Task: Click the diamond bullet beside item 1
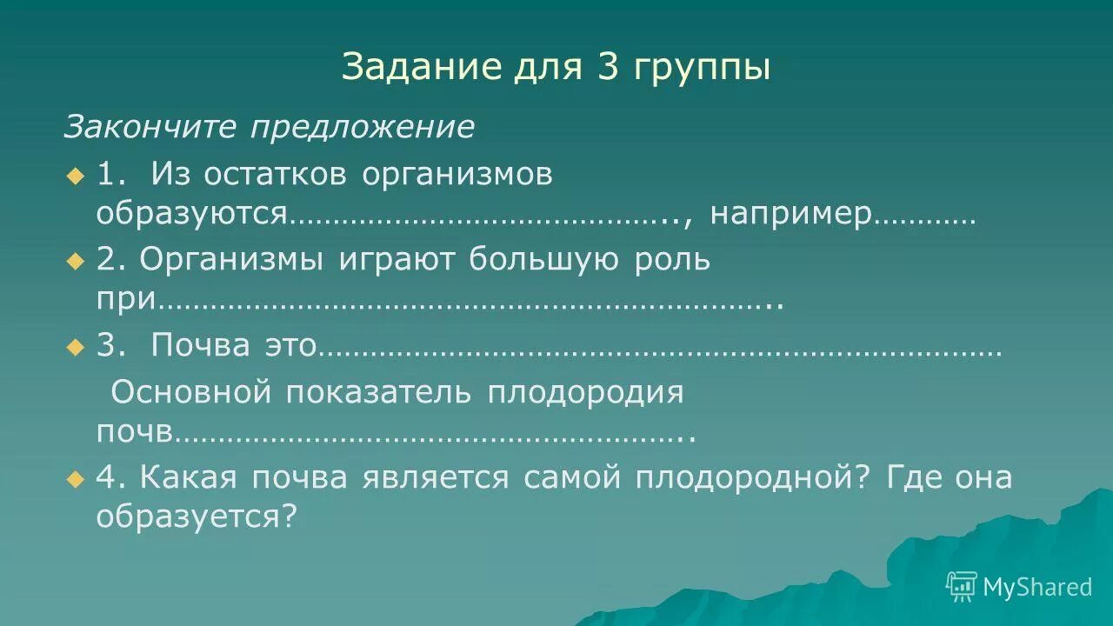pos(75,176)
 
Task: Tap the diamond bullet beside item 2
pos(75,260)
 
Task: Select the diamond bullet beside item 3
pos(75,346)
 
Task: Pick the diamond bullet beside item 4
pos(75,478)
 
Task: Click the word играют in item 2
pos(396,260)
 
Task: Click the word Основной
pos(192,392)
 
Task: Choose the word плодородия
pos(584,393)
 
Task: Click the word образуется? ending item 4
pos(197,518)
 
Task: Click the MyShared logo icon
pos(961,586)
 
